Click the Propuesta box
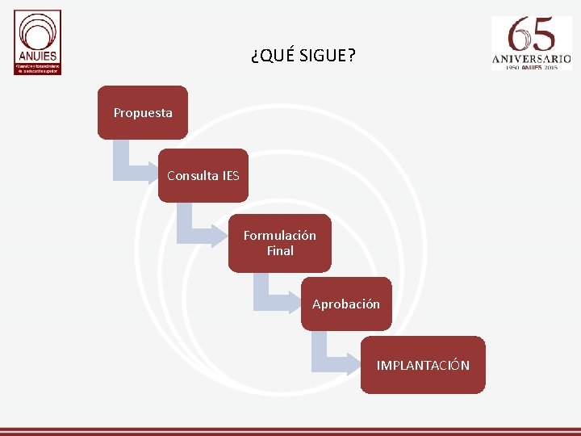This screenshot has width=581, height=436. [x=143, y=113]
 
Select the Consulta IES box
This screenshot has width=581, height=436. [x=203, y=175]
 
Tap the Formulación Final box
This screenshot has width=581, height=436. [x=279, y=243]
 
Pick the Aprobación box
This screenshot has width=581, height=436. [x=346, y=304]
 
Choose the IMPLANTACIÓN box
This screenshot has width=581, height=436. [x=423, y=365]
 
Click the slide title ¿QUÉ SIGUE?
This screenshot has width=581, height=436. [x=302, y=56]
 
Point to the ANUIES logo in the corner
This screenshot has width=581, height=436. [x=37, y=42]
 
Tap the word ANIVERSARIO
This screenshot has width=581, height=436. [x=532, y=58]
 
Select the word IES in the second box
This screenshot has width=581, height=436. [x=230, y=175]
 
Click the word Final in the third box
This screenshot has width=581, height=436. [x=280, y=251]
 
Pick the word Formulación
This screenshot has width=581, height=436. [x=280, y=236]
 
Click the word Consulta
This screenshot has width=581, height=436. [x=192, y=175]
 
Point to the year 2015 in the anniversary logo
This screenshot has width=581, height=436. [x=551, y=68]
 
